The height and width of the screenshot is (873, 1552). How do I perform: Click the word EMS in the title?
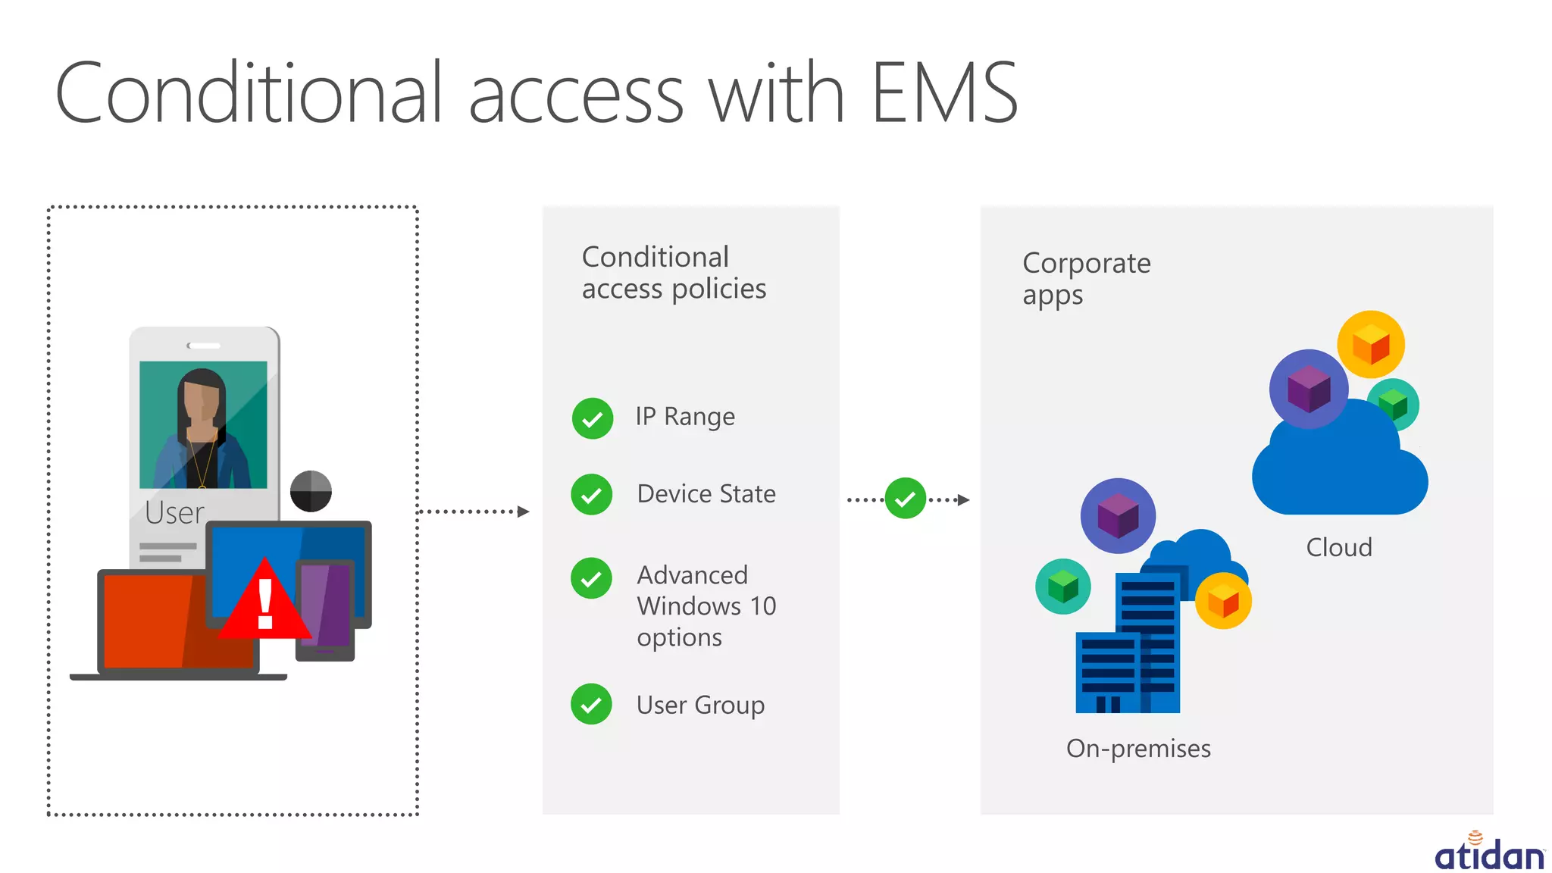943,93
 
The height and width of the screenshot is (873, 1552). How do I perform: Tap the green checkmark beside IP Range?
593,418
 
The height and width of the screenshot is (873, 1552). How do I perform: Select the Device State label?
706,494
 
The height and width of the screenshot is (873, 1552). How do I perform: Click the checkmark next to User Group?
591,705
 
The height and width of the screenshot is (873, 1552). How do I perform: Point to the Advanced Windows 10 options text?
706,605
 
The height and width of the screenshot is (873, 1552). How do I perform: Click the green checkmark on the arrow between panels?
905,499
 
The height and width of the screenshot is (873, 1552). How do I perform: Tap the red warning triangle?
264,602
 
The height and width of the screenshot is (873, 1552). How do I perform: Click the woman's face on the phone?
202,402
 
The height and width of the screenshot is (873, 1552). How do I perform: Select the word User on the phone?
174,513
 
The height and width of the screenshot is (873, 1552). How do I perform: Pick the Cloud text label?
1338,547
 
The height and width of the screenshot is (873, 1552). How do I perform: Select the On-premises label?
1137,749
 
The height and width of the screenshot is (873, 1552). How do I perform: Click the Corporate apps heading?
1085,278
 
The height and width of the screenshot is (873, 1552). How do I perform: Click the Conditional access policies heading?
673,273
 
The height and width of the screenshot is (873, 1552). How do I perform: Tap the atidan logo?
1488,853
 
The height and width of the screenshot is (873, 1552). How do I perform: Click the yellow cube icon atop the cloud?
1370,345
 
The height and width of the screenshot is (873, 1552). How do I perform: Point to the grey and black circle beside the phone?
311,491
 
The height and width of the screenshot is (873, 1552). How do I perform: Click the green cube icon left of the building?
1062,586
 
